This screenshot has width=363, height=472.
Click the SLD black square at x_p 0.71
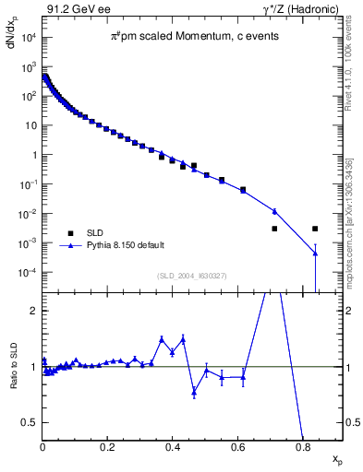[274, 229]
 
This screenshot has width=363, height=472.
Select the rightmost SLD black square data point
[315, 229]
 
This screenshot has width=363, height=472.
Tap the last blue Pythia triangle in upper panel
[315, 254]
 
